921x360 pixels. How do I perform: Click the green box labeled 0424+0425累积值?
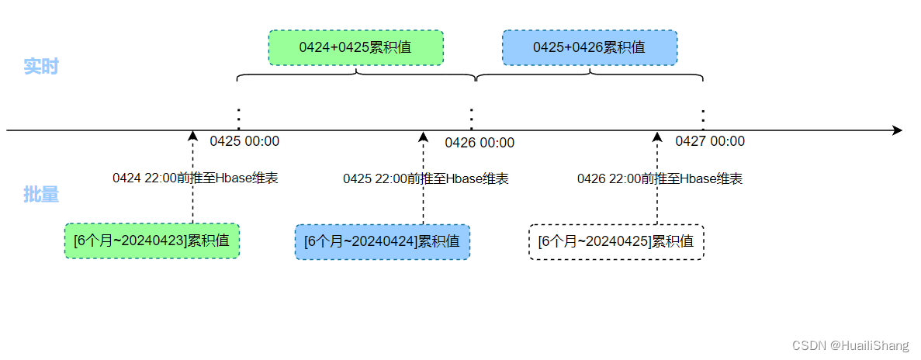355,47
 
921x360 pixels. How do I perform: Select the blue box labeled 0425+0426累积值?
589,47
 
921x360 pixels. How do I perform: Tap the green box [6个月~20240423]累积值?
151,241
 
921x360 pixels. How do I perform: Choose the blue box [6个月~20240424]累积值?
382,241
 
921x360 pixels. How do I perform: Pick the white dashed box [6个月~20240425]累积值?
616,241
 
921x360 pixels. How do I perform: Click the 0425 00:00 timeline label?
244,141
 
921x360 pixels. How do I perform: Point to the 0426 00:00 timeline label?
480,143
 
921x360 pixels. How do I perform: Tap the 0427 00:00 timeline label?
710,141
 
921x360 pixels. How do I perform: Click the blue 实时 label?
41,67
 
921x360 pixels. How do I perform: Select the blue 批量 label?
41,195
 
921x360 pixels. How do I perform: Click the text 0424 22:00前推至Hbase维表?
195,178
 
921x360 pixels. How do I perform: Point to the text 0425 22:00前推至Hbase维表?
426,178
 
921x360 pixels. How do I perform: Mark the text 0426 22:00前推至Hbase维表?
660,178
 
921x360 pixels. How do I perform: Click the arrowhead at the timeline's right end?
898,130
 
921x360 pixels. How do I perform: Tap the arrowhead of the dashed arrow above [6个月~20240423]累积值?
193,137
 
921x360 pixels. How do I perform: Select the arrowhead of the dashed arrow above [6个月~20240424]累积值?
424,137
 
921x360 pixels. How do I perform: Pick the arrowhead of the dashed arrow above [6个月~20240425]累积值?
657,137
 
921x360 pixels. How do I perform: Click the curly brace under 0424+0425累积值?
356,75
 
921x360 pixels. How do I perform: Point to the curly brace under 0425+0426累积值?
590,75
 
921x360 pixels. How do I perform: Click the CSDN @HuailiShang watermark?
853,345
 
